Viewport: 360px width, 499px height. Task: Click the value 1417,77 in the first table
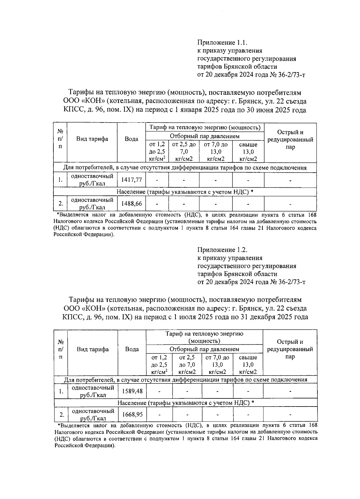[131, 180]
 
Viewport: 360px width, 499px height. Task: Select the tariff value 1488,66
[131, 204]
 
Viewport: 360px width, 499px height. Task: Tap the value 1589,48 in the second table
[132, 391]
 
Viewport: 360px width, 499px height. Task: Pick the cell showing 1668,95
[132, 415]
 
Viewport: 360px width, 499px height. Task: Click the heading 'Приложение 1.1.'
[222, 43]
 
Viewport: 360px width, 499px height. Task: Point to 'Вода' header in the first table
[131, 139]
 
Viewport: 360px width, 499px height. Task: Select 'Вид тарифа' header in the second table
[93, 349]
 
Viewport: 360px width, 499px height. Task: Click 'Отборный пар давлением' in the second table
[204, 349]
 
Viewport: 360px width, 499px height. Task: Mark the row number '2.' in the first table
[61, 204]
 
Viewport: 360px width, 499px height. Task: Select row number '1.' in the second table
[61, 391]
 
